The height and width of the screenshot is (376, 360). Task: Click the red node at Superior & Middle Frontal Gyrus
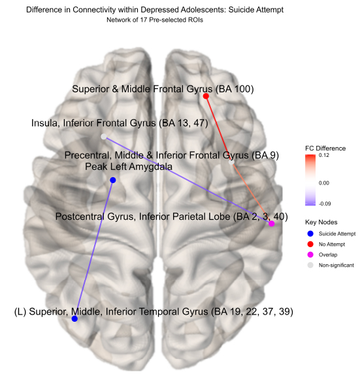[206, 96]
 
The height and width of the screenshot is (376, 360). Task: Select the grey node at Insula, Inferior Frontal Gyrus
[104, 137]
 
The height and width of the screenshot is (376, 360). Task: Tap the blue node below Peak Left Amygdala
[113, 180]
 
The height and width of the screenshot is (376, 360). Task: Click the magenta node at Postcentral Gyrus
[271, 224]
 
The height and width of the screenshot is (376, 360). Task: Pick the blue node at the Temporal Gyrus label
[74, 318]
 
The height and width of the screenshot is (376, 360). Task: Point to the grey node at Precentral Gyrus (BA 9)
[231, 162]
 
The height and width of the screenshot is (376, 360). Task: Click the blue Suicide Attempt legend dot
[310, 233]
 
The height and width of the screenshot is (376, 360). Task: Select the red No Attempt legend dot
[310, 244]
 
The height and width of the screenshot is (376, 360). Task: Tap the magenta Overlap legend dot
[310, 254]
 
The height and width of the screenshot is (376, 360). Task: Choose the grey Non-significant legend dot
[310, 265]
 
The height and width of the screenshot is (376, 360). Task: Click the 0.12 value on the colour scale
[324, 155]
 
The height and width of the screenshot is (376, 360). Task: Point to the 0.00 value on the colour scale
[324, 183]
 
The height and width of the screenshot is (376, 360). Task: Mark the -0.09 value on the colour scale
[325, 204]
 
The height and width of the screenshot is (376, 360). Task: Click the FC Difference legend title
[325, 148]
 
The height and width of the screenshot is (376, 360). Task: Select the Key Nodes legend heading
[321, 222]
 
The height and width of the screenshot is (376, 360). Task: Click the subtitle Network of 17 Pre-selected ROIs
[155, 20]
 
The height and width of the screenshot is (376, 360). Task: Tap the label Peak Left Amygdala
[129, 167]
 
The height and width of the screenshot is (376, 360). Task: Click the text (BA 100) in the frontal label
[235, 89]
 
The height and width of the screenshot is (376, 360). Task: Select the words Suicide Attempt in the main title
[256, 10]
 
